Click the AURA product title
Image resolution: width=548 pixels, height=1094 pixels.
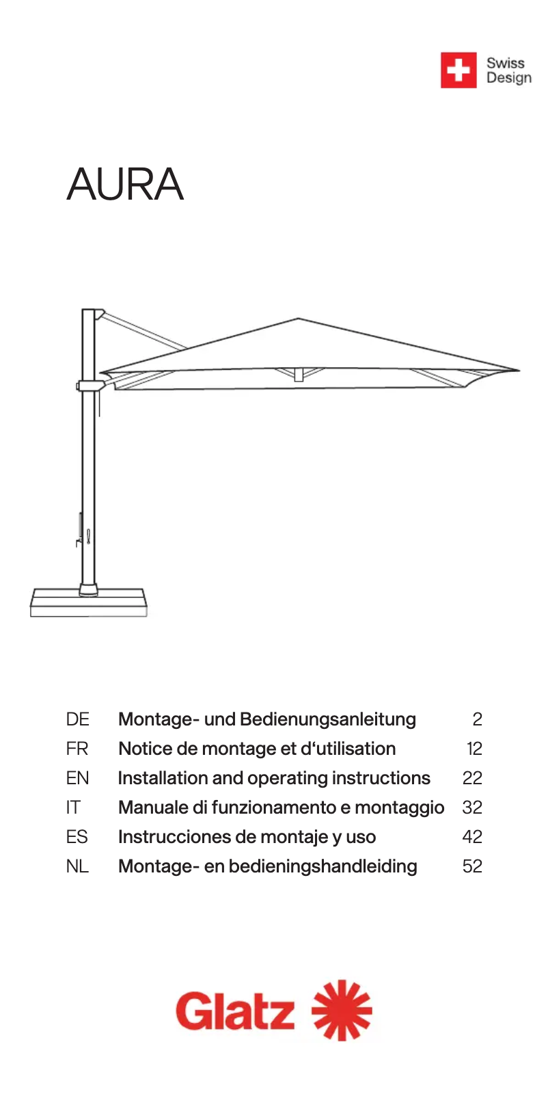[126, 184]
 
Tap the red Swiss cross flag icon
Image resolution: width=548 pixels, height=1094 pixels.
[458, 70]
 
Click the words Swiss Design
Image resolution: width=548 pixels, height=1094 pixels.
[508, 70]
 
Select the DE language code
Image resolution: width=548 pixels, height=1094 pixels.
[77, 719]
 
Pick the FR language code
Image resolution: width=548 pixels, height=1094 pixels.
[77, 749]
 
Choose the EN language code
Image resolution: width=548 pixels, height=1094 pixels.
[77, 778]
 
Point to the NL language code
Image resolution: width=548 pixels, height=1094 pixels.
[77, 866]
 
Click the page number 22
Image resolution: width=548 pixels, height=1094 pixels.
[472, 778]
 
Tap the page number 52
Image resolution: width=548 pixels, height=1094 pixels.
[472, 866]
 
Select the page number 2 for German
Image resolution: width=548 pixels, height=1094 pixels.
[477, 719]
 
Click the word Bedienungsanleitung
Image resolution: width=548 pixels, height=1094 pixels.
[328, 719]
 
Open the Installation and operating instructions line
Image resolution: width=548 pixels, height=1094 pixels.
[274, 778]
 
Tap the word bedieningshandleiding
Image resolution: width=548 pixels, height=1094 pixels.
[323, 866]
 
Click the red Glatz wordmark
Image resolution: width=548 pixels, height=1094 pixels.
[235, 1012]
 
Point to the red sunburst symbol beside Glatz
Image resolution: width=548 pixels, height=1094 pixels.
[342, 1011]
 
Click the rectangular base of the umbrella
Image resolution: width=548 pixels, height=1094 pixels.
[89, 603]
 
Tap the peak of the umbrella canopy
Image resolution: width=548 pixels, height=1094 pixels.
[298, 319]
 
